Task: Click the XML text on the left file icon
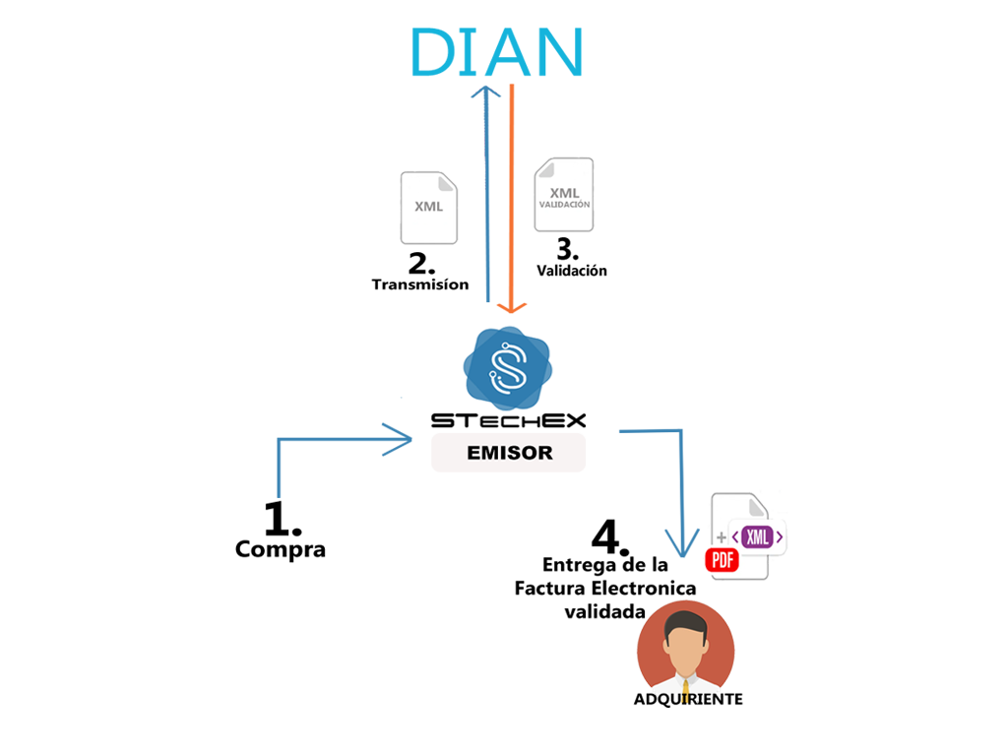[x=428, y=207]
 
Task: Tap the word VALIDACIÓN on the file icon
[x=564, y=205]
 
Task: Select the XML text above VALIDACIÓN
[x=564, y=192]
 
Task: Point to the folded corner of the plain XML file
[x=448, y=181]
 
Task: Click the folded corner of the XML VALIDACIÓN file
[x=585, y=167]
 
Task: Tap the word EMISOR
[x=509, y=454]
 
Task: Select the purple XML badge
[x=757, y=537]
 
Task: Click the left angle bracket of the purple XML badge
[x=736, y=537]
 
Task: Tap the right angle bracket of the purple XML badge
[x=779, y=537]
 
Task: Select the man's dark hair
[x=686, y=622]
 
